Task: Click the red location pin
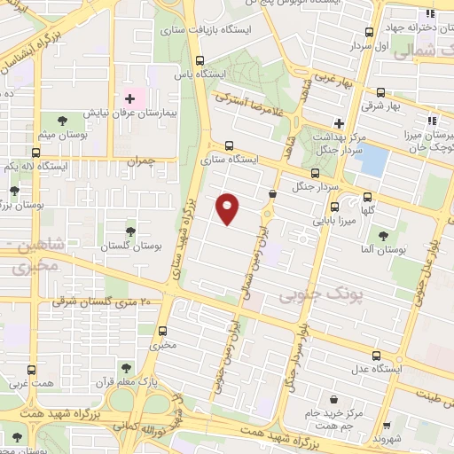click(x=228, y=207)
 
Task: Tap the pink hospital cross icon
click(x=129, y=98)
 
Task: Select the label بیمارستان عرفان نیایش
click(x=132, y=114)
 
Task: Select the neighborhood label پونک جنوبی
click(x=308, y=293)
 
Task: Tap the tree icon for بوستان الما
click(x=384, y=237)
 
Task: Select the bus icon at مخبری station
click(x=160, y=330)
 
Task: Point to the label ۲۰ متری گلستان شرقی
click(x=102, y=302)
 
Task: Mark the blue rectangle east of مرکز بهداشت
click(x=375, y=160)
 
